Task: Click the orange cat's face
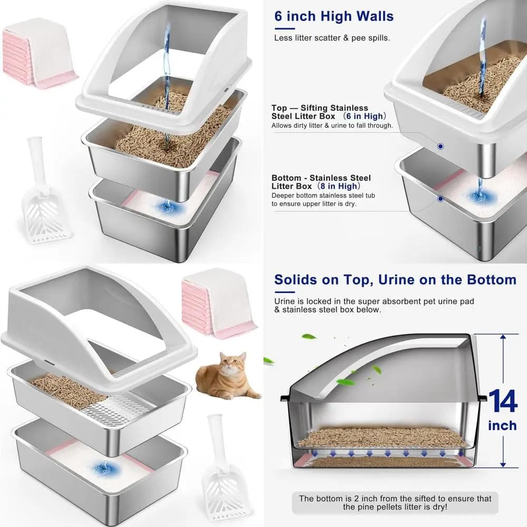(231, 363)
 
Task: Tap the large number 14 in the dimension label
(503, 401)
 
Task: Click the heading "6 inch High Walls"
(334, 16)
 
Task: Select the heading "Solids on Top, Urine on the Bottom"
(395, 280)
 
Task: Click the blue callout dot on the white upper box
(440, 147)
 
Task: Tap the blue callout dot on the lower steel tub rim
(440, 199)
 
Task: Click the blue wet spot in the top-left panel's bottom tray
(168, 207)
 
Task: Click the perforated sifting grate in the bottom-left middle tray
(114, 408)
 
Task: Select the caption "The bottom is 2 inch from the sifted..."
(395, 502)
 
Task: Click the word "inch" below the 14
(502, 425)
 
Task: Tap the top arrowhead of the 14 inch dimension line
(503, 337)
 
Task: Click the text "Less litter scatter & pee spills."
(332, 38)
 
